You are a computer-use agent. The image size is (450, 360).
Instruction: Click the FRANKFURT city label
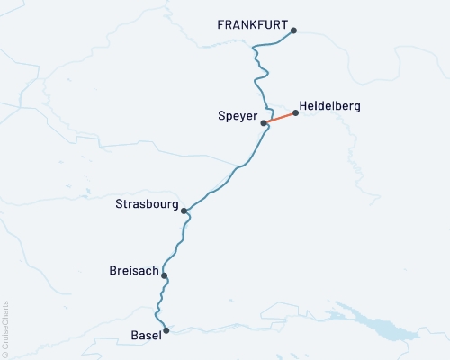(252, 26)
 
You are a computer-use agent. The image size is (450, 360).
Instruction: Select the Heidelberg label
(329, 106)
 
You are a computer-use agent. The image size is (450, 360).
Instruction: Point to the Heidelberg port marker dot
(295, 113)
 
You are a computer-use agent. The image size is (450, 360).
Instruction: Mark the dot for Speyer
(264, 123)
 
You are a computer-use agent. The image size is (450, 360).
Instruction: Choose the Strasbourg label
(148, 204)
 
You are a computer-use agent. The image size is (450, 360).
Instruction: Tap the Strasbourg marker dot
(184, 211)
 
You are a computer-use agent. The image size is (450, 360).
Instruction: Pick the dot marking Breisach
(164, 276)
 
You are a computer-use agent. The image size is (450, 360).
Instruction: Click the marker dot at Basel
(166, 330)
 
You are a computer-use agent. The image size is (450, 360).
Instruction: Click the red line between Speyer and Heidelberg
(280, 118)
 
